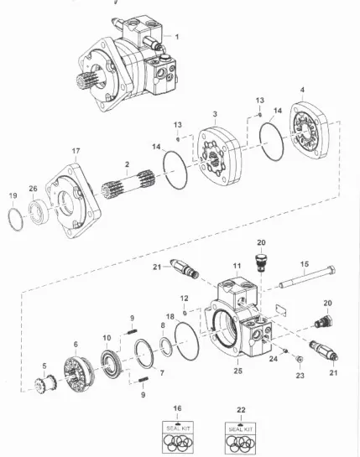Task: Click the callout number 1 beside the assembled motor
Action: pyautogui.click(x=177, y=37)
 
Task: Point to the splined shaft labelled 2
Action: pyautogui.click(x=128, y=184)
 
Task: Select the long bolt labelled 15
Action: pyautogui.click(x=307, y=277)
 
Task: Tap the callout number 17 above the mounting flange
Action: pyautogui.click(x=76, y=151)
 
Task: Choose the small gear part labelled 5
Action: pyautogui.click(x=45, y=382)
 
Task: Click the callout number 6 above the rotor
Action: pyautogui.click(x=76, y=344)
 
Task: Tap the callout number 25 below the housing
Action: pyautogui.click(x=237, y=371)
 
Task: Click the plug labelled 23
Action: pyautogui.click(x=300, y=360)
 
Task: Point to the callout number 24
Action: pyautogui.click(x=274, y=359)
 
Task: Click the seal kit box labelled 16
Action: pyautogui.click(x=177, y=437)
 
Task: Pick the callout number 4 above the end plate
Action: pyautogui.click(x=302, y=90)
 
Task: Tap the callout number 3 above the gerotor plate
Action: pyautogui.click(x=215, y=114)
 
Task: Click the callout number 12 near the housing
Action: pyautogui.click(x=184, y=299)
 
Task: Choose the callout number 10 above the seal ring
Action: pyautogui.click(x=107, y=338)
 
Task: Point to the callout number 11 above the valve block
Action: pyautogui.click(x=237, y=266)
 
